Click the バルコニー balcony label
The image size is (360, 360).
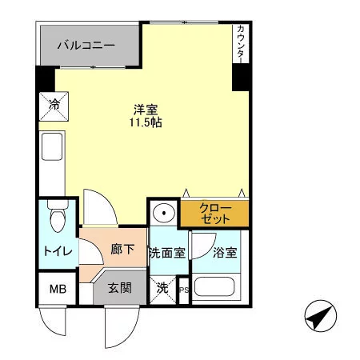(86, 45)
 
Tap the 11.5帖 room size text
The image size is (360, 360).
(146, 122)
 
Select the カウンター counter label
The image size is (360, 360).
(241, 44)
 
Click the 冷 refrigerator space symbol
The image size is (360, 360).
(54, 106)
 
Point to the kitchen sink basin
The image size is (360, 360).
(52, 146)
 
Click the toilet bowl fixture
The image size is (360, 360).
(58, 217)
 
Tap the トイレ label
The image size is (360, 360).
(58, 251)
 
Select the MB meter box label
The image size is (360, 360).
(58, 289)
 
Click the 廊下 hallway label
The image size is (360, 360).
(122, 249)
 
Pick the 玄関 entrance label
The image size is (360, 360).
(120, 288)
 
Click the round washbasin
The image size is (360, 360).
(164, 213)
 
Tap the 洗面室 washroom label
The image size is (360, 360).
(167, 253)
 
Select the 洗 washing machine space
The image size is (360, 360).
(162, 290)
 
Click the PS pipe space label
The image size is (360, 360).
(184, 290)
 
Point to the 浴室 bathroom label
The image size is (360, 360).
(225, 252)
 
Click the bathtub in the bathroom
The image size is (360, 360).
(214, 287)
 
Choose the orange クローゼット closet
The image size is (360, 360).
(214, 213)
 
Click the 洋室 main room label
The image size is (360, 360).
(146, 110)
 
